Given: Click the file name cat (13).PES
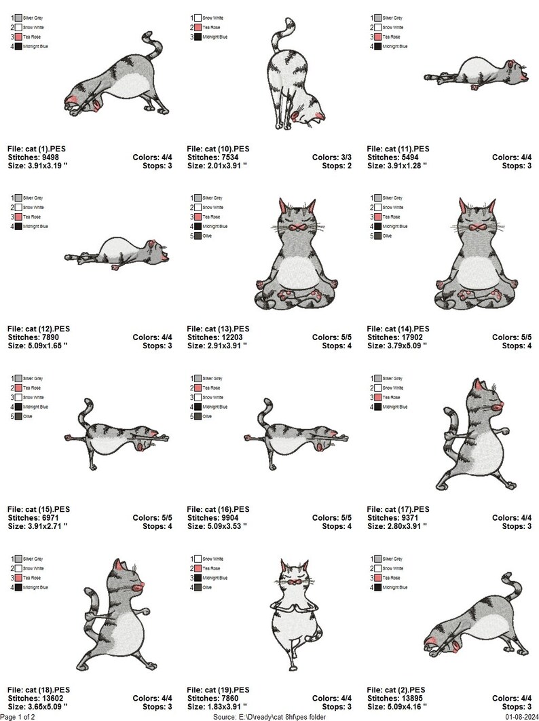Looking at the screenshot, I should tap(219, 329).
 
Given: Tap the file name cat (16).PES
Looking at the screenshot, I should tap(219, 509).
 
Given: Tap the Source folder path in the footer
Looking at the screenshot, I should tap(270, 716).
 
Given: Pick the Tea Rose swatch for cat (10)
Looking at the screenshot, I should tap(198, 26).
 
